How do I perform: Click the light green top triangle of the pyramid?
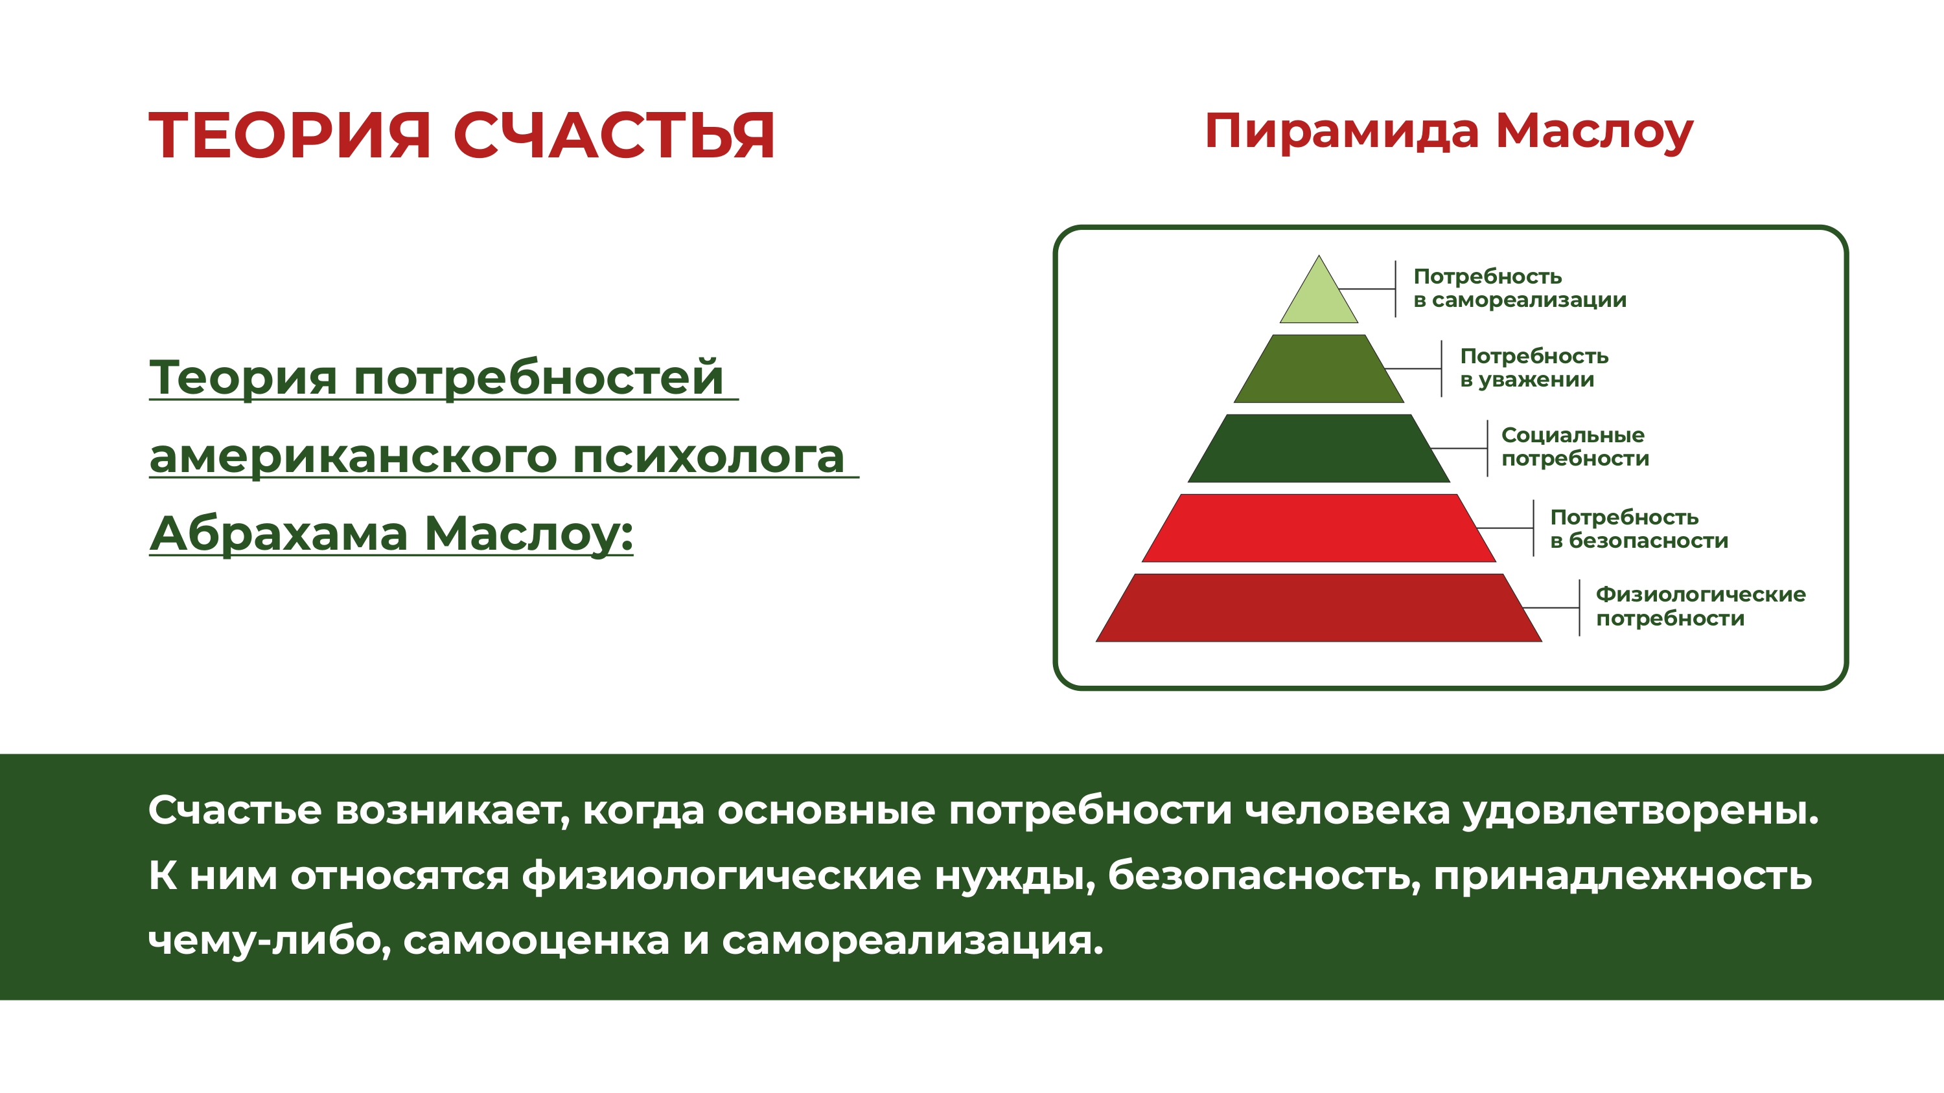tap(1319, 298)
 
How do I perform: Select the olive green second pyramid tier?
tap(1319, 369)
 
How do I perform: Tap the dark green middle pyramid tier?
tap(1319, 448)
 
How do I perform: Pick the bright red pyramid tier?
tap(1319, 528)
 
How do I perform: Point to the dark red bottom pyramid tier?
tap(1319, 608)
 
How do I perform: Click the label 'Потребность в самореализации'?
tap(1520, 288)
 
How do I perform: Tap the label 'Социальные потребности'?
tap(1576, 447)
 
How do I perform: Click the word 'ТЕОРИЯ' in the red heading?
tap(289, 136)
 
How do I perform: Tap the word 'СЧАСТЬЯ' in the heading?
tap(614, 136)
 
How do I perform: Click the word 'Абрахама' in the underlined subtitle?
tap(279, 534)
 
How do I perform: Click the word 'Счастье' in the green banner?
tap(235, 810)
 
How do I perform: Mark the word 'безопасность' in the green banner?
tap(1264, 875)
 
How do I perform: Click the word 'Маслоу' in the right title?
tap(1595, 133)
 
